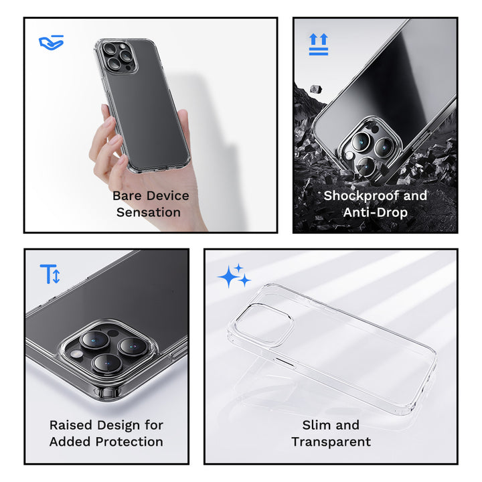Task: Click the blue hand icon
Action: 52,42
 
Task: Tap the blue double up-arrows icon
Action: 319,44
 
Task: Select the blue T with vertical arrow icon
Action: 50,274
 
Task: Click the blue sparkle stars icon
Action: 234,275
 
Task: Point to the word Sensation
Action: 149,212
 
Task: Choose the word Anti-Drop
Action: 376,212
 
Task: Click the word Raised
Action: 71,426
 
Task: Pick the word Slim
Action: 315,425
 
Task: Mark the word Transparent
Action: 331,443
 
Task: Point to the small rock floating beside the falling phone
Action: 316,89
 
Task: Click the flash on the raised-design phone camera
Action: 76,354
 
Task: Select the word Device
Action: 168,195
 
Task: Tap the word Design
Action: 118,426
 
